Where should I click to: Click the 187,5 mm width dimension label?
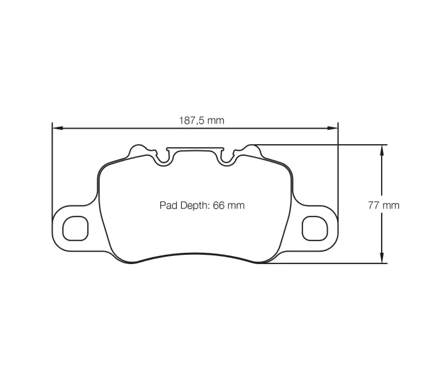(202, 121)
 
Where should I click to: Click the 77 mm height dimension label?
(384, 205)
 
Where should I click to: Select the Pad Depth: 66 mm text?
(202, 205)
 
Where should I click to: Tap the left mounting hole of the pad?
(77, 228)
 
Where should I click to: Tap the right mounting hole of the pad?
(312, 228)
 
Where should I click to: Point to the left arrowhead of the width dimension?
(56, 128)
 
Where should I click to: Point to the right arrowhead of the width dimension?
(335, 128)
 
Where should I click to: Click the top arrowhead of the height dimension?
(382, 149)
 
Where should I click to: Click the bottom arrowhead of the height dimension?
(382, 260)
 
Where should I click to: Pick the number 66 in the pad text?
(218, 205)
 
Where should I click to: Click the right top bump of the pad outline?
(251, 150)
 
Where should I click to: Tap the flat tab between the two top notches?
(195, 150)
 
